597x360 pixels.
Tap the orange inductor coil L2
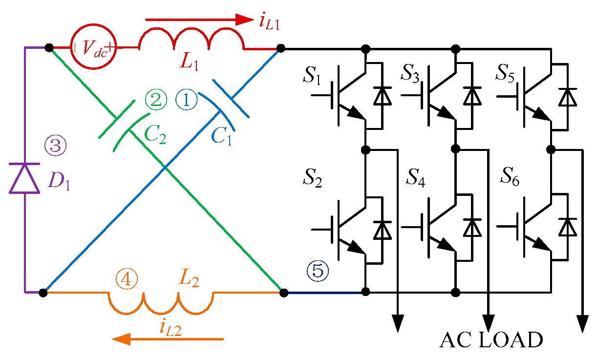[x=161, y=303]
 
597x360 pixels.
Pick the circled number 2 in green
[x=156, y=101]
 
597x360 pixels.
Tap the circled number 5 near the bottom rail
[x=318, y=270]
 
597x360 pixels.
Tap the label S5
[x=507, y=72]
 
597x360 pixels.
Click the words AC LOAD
[x=490, y=340]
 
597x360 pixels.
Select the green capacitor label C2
[x=155, y=134]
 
